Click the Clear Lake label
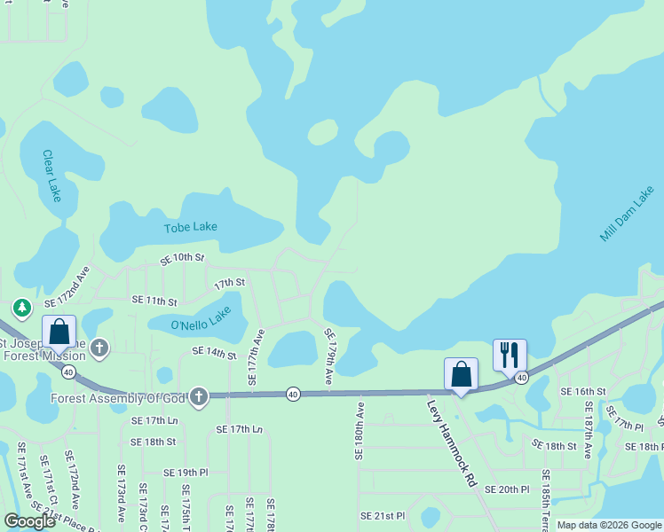(51, 176)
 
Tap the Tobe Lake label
(191, 227)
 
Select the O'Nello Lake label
(201, 319)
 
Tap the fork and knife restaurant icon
(510, 355)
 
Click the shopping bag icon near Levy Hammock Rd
(462, 373)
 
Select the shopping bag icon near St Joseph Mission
(59, 333)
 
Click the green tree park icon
(21, 309)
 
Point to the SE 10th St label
(182, 258)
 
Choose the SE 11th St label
(154, 301)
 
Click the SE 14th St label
(214, 354)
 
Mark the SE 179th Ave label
(328, 356)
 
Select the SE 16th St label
(582, 391)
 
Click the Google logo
(29, 521)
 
